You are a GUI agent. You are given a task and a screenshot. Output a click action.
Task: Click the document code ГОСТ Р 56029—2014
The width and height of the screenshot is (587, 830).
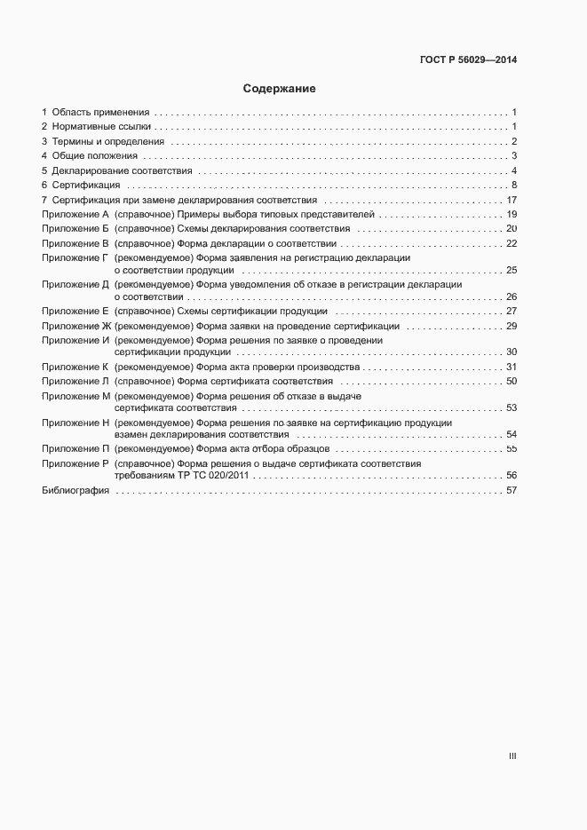point(467,60)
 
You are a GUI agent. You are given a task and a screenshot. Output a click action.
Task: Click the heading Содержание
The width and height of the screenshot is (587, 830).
point(280,89)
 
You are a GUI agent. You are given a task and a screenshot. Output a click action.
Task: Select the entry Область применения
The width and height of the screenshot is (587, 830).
point(100,113)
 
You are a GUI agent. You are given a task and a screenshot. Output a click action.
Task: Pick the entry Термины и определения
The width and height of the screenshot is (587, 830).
point(107,142)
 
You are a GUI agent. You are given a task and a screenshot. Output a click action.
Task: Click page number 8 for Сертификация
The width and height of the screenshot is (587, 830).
point(513,185)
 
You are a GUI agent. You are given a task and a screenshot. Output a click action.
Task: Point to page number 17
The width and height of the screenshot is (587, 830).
point(512,200)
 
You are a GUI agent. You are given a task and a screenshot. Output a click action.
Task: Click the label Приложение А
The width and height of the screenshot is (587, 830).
point(75,214)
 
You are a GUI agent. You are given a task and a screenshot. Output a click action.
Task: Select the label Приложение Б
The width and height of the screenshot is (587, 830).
point(75,228)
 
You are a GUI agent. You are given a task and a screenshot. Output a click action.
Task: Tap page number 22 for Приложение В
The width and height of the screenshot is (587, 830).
point(512,243)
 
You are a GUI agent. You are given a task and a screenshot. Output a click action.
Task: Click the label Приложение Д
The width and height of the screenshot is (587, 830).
point(75,285)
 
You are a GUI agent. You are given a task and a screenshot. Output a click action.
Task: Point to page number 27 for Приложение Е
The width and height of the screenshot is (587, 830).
point(512,312)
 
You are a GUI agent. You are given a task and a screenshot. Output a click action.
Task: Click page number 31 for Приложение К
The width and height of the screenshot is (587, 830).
point(512,367)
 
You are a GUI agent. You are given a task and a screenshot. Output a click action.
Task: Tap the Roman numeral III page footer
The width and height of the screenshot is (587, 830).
point(512,756)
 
